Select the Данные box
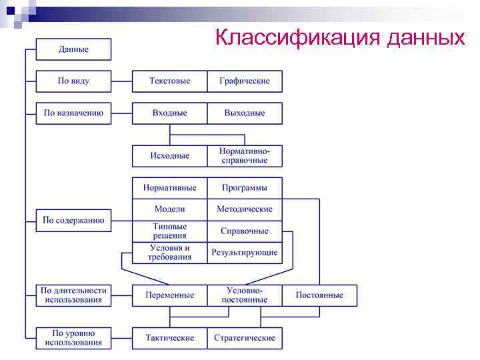[x=73, y=49]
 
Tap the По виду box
[x=73, y=81]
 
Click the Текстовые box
[x=169, y=81]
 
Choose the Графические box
[x=245, y=81]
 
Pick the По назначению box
[x=73, y=113]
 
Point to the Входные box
[x=169, y=113]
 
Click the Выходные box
[x=245, y=113]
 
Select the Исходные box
[x=169, y=156]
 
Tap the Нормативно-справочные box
[x=245, y=156]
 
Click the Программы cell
[x=245, y=188]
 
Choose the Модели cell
[x=169, y=209]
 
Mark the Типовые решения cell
[x=169, y=231]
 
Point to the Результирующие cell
[x=245, y=253]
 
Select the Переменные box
[x=169, y=295]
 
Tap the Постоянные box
[x=319, y=295]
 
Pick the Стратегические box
[x=245, y=338]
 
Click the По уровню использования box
[x=73, y=338]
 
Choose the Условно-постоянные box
[x=245, y=295]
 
